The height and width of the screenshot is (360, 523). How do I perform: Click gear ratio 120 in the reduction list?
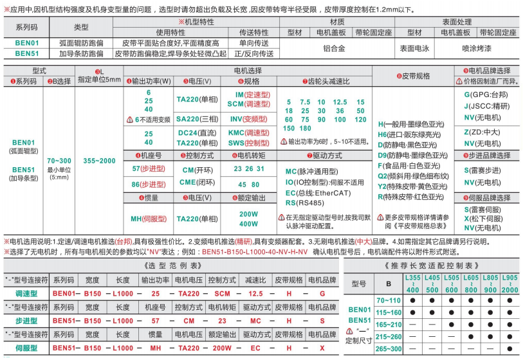click(360, 120)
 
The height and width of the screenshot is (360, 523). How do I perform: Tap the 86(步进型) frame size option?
click(145, 184)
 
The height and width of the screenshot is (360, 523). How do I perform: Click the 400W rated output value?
click(248, 223)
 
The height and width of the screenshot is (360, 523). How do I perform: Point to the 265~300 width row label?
click(388, 348)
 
